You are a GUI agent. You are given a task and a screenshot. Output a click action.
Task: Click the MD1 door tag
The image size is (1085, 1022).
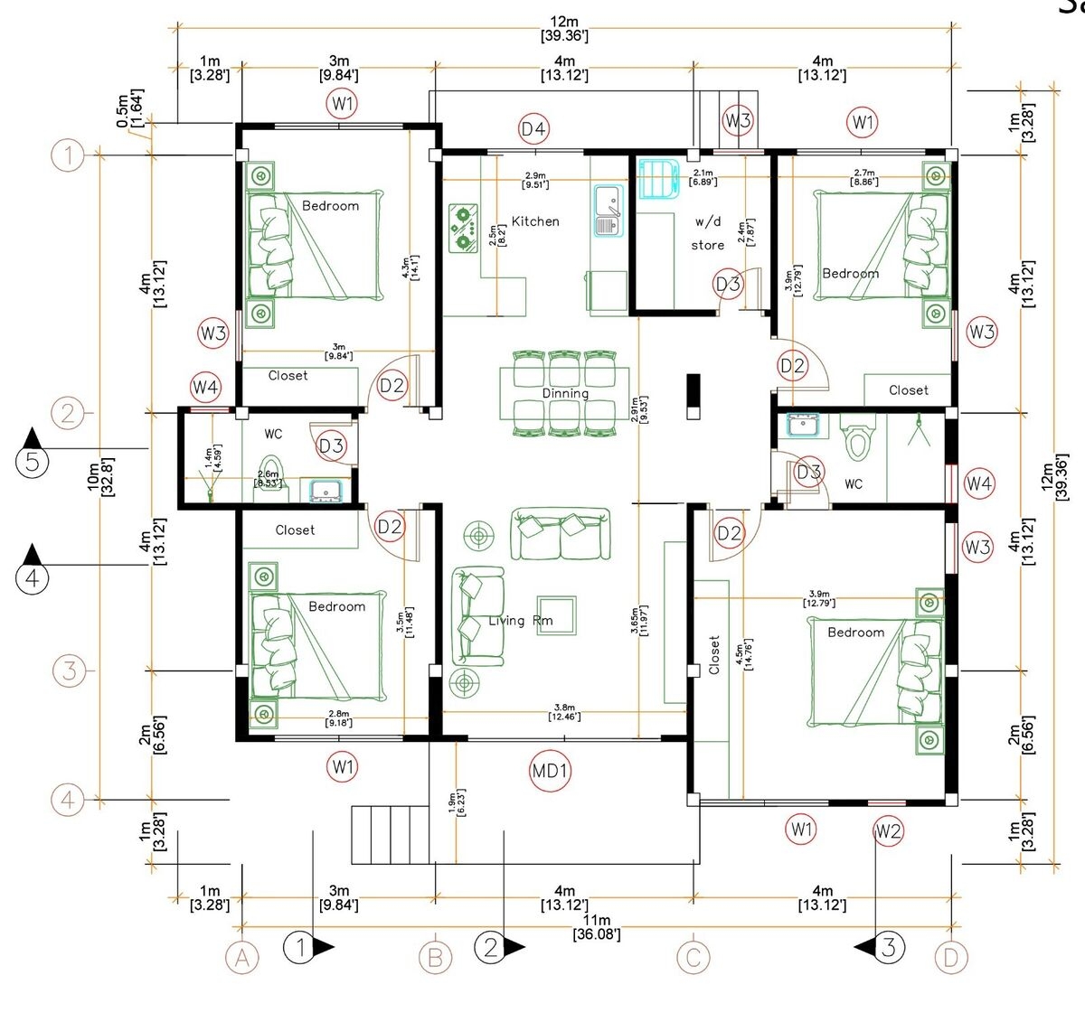point(550,771)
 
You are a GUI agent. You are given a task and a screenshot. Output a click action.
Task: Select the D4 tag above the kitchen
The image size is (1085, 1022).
point(533,129)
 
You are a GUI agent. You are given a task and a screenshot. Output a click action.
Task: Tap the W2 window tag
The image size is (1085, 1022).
point(888,830)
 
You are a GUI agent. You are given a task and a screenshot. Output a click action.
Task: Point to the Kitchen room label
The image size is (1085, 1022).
point(535,221)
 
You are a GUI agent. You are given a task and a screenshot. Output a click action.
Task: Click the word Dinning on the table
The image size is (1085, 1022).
point(565,393)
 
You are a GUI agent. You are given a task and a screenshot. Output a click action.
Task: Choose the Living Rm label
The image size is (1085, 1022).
point(520,621)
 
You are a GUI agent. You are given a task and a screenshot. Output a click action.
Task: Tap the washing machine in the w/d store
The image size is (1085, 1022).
point(656,178)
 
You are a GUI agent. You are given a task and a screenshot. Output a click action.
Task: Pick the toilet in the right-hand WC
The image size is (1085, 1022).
point(854,439)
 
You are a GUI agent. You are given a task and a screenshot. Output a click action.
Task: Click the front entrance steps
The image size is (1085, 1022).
point(390,835)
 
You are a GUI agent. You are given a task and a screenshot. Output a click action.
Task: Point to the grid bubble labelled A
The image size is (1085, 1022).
point(241,958)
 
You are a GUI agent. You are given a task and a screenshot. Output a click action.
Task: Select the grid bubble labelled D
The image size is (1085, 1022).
point(950,958)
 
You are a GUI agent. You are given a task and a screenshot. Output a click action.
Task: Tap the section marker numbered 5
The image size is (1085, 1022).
point(33,463)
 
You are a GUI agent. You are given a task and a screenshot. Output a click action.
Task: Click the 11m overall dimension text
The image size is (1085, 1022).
point(597,927)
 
